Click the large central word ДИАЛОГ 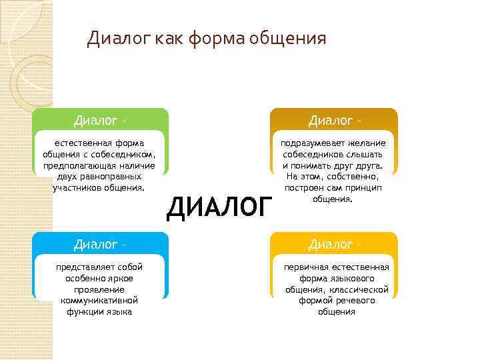[219, 207]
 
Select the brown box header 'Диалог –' [334, 121]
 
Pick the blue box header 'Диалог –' [100, 245]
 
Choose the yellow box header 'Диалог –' [334, 245]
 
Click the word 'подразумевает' [311, 143]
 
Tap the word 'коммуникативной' [99, 300]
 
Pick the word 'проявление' [99, 289]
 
